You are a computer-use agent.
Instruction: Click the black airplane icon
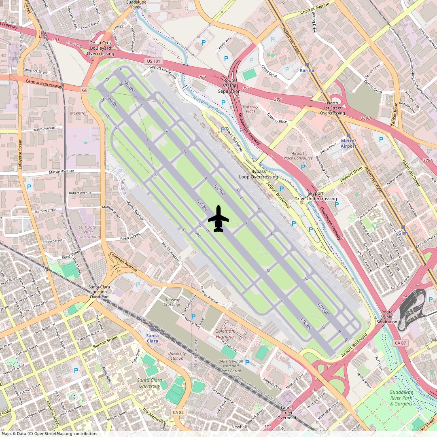(x=218, y=219)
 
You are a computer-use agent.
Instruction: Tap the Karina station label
(x=307, y=70)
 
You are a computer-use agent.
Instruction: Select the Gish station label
(x=403, y=233)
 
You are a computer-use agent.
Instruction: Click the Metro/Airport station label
(x=348, y=143)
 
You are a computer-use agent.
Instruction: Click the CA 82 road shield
(x=178, y=412)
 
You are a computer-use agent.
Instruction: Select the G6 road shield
(x=84, y=90)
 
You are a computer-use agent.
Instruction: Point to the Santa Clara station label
(x=153, y=338)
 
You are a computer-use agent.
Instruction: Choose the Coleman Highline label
(x=225, y=334)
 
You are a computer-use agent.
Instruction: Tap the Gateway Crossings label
(x=172, y=302)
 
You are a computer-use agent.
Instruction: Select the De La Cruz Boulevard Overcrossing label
(x=101, y=48)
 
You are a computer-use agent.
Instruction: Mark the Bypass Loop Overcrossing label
(x=259, y=174)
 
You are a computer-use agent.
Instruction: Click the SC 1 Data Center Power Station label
(x=87, y=232)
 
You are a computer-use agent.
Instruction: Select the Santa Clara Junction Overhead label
(x=99, y=292)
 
